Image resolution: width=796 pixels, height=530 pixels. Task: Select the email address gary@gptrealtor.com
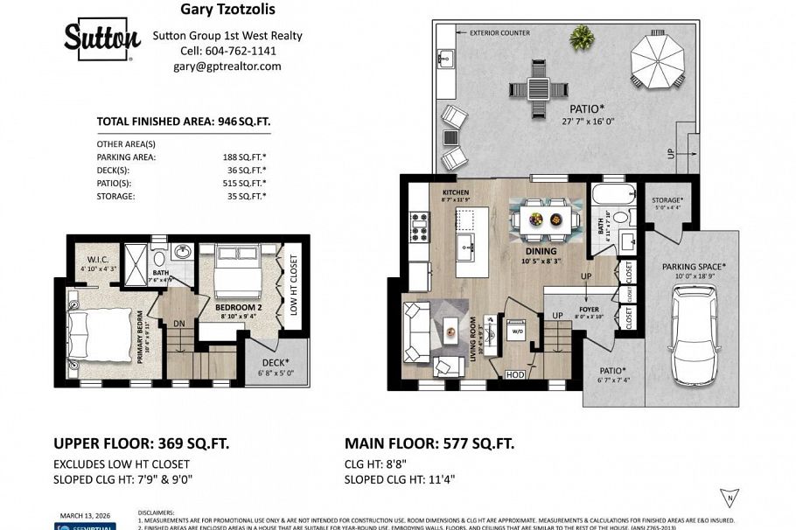pyautogui.click(x=227, y=66)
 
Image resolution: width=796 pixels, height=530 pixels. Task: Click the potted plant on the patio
pyautogui.click(x=580, y=37)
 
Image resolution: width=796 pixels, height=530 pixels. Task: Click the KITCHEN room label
pyautogui.click(x=456, y=192)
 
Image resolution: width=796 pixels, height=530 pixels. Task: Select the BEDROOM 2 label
pyautogui.click(x=239, y=308)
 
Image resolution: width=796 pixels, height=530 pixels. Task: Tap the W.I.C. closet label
pyautogui.click(x=97, y=259)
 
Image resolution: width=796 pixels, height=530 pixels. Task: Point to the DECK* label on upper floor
pyautogui.click(x=275, y=361)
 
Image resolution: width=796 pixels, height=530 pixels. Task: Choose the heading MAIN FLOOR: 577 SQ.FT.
pyautogui.click(x=429, y=443)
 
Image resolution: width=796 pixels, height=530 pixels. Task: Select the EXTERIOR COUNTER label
pyautogui.click(x=499, y=33)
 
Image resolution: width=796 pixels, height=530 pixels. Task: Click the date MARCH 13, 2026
pyautogui.click(x=85, y=515)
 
